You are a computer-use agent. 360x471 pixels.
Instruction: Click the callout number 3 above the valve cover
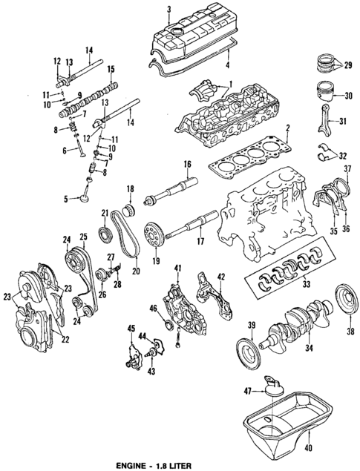click(x=169, y=8)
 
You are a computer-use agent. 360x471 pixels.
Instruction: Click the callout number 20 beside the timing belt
click(x=136, y=271)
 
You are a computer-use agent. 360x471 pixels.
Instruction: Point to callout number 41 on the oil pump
click(x=177, y=267)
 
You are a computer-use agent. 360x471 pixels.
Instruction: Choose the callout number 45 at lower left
click(x=131, y=329)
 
